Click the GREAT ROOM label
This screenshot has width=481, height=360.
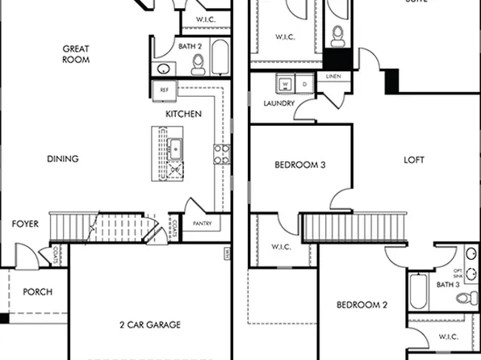coord(76,54)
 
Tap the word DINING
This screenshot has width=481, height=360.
coord(62,159)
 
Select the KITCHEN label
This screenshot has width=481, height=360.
coord(183,115)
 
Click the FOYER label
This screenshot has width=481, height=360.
coord(25,224)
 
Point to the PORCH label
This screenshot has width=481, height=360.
coord(38,292)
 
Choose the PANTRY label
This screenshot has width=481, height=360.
coord(201,224)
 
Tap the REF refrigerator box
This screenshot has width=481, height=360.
coord(165,90)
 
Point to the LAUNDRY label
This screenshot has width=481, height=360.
coord(278,103)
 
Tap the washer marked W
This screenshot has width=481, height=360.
coord(285,84)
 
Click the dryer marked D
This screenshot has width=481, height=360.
coord(304,84)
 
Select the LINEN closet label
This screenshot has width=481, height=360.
coord(333,77)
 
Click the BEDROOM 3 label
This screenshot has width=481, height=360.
coord(299,165)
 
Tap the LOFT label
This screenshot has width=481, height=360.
coord(413,160)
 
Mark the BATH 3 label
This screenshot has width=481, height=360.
coord(450,284)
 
